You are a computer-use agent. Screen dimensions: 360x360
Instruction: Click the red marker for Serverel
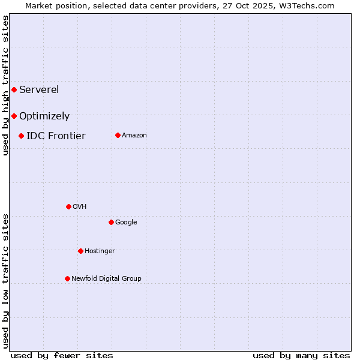click(14, 89)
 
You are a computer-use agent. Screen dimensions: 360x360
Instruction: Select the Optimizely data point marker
click(14, 116)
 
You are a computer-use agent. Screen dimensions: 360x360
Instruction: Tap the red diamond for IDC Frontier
click(21, 136)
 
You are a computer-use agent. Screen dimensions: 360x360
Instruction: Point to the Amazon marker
click(118, 135)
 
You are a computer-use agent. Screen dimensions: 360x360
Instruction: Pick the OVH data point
click(68, 206)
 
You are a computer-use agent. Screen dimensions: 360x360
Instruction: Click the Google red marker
click(111, 222)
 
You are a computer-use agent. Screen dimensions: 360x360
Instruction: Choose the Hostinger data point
click(80, 251)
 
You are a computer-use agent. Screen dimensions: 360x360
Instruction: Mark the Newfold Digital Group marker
click(67, 278)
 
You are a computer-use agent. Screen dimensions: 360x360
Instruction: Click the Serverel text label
click(39, 90)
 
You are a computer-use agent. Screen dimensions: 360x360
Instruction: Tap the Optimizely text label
click(44, 116)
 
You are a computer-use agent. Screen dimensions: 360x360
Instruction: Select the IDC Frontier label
click(56, 136)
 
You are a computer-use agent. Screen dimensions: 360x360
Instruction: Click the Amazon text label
click(134, 136)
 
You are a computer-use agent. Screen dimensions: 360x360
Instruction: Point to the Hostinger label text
click(100, 251)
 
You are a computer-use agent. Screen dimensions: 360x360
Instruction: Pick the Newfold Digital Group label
click(106, 278)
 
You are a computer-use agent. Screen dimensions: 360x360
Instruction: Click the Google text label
click(126, 222)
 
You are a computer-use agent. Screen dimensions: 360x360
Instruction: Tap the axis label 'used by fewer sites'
click(62, 355)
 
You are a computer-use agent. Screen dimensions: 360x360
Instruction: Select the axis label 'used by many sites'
click(301, 355)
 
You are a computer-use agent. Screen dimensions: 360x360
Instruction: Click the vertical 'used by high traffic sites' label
click(5, 85)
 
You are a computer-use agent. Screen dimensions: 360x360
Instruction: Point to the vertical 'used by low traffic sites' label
click(5, 281)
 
